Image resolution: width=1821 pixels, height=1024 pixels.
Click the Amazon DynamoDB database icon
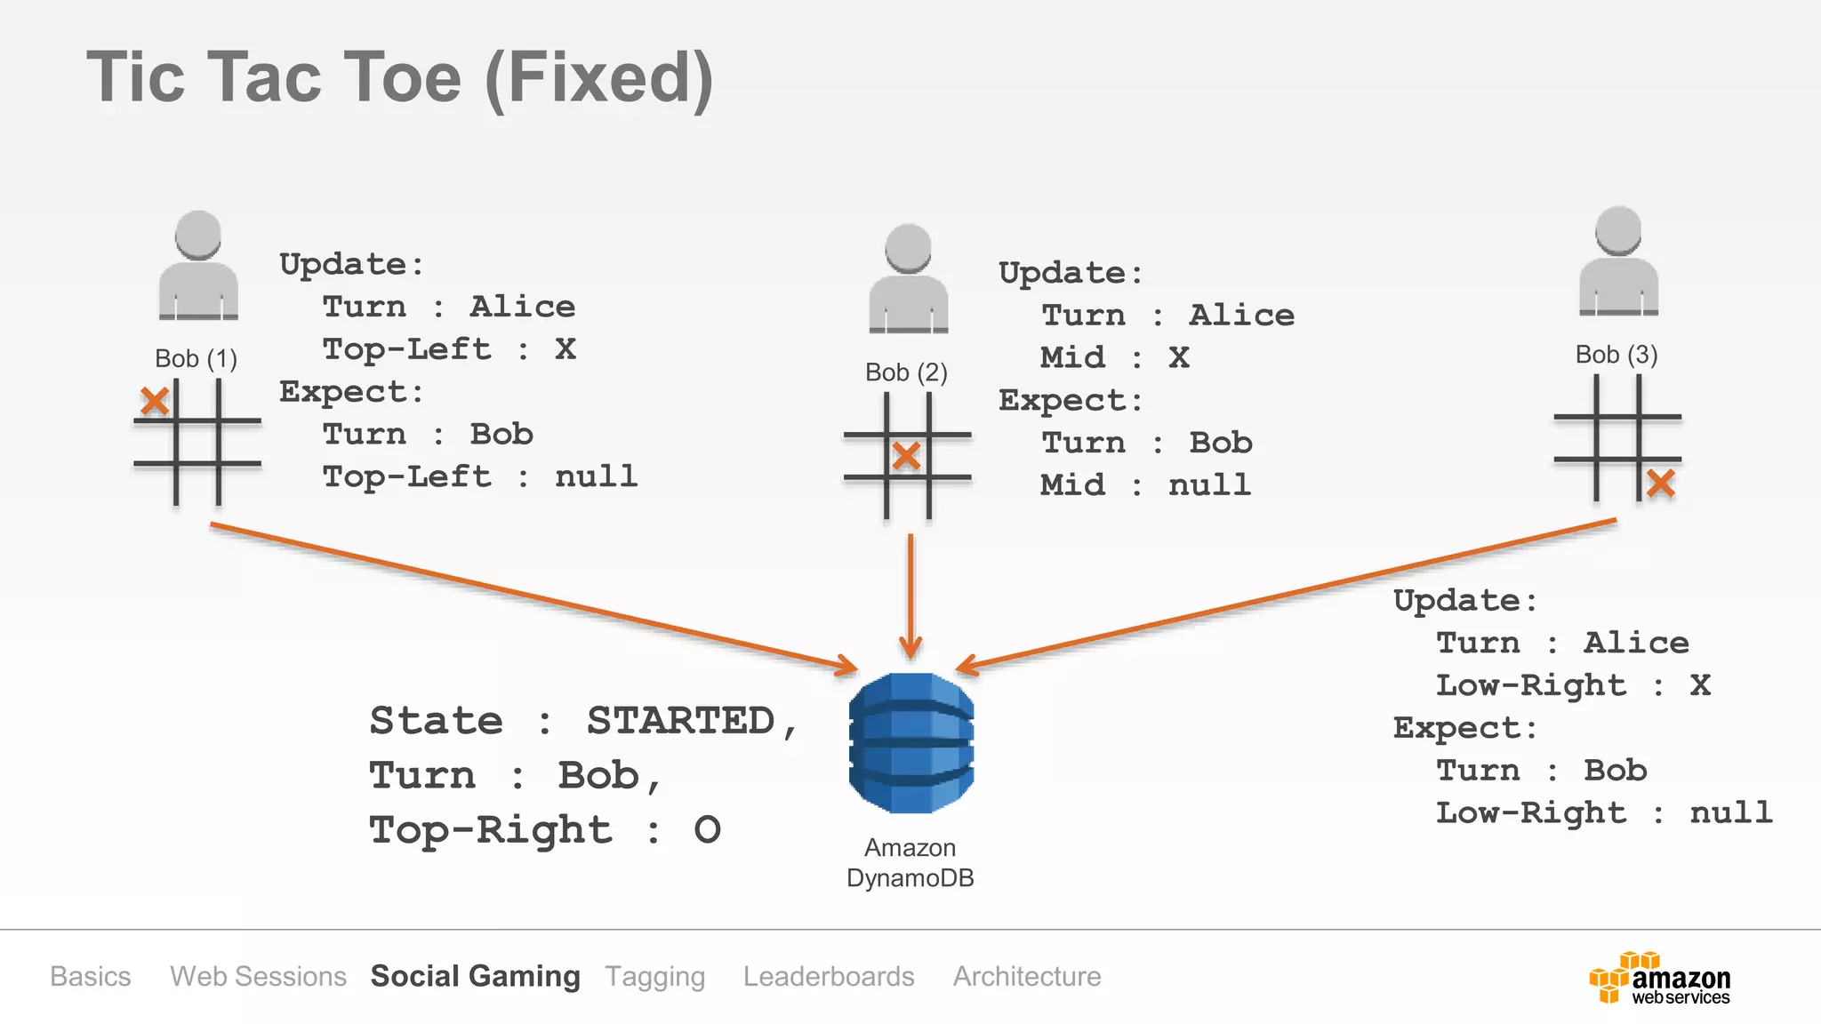coord(910,742)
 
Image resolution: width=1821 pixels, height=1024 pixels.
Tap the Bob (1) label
coord(196,358)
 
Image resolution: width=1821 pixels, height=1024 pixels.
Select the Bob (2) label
coord(906,372)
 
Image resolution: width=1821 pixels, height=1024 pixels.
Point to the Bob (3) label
coord(1616,354)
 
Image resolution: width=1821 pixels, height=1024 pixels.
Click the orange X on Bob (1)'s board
coord(155,401)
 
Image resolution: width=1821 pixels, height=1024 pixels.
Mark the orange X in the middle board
coord(906,456)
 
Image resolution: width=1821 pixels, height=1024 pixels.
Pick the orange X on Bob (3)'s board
coord(1660,484)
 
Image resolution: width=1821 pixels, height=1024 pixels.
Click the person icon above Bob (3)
coord(1618,261)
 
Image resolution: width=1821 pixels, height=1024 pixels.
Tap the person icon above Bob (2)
coord(908,278)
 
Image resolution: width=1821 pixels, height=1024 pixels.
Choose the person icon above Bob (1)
coord(198,265)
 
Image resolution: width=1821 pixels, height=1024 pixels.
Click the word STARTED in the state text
coord(681,720)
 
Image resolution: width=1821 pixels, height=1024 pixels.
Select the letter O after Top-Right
coord(707,829)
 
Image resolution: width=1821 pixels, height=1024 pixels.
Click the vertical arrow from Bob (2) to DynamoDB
coord(910,596)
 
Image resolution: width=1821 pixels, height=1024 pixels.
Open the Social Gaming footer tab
coord(475,976)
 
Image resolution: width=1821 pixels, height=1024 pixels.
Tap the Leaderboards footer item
coord(829,976)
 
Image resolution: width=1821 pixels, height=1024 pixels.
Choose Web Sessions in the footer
coord(258,976)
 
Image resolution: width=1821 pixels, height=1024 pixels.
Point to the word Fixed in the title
coord(599,78)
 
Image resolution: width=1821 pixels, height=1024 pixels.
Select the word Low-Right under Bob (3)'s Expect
coord(1531,812)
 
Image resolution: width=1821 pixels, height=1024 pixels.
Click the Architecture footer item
coord(1027,976)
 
